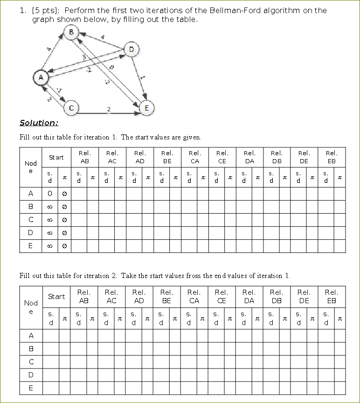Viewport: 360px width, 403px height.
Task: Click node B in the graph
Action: [71, 32]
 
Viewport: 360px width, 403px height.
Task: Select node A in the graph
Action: [41, 77]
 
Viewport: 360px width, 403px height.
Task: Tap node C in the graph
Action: [71, 108]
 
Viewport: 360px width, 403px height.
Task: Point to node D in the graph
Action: [131, 49]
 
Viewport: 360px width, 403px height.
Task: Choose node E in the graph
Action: [146, 108]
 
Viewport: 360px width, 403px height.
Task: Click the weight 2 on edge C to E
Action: [109, 109]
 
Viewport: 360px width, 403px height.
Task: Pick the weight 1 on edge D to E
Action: [144, 78]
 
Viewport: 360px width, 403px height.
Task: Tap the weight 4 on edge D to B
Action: [102, 37]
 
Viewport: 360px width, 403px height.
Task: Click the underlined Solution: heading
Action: [39, 123]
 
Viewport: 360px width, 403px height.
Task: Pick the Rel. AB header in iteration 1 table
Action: [84, 157]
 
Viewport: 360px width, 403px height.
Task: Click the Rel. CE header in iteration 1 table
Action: [222, 157]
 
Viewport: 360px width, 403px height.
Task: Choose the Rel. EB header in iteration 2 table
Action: [332, 296]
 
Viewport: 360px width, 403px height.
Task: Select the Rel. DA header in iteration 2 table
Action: [249, 296]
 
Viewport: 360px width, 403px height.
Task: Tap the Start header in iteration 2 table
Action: [56, 296]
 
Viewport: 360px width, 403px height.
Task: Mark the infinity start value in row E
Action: [50, 246]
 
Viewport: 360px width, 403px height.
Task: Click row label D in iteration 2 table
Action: [31, 375]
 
